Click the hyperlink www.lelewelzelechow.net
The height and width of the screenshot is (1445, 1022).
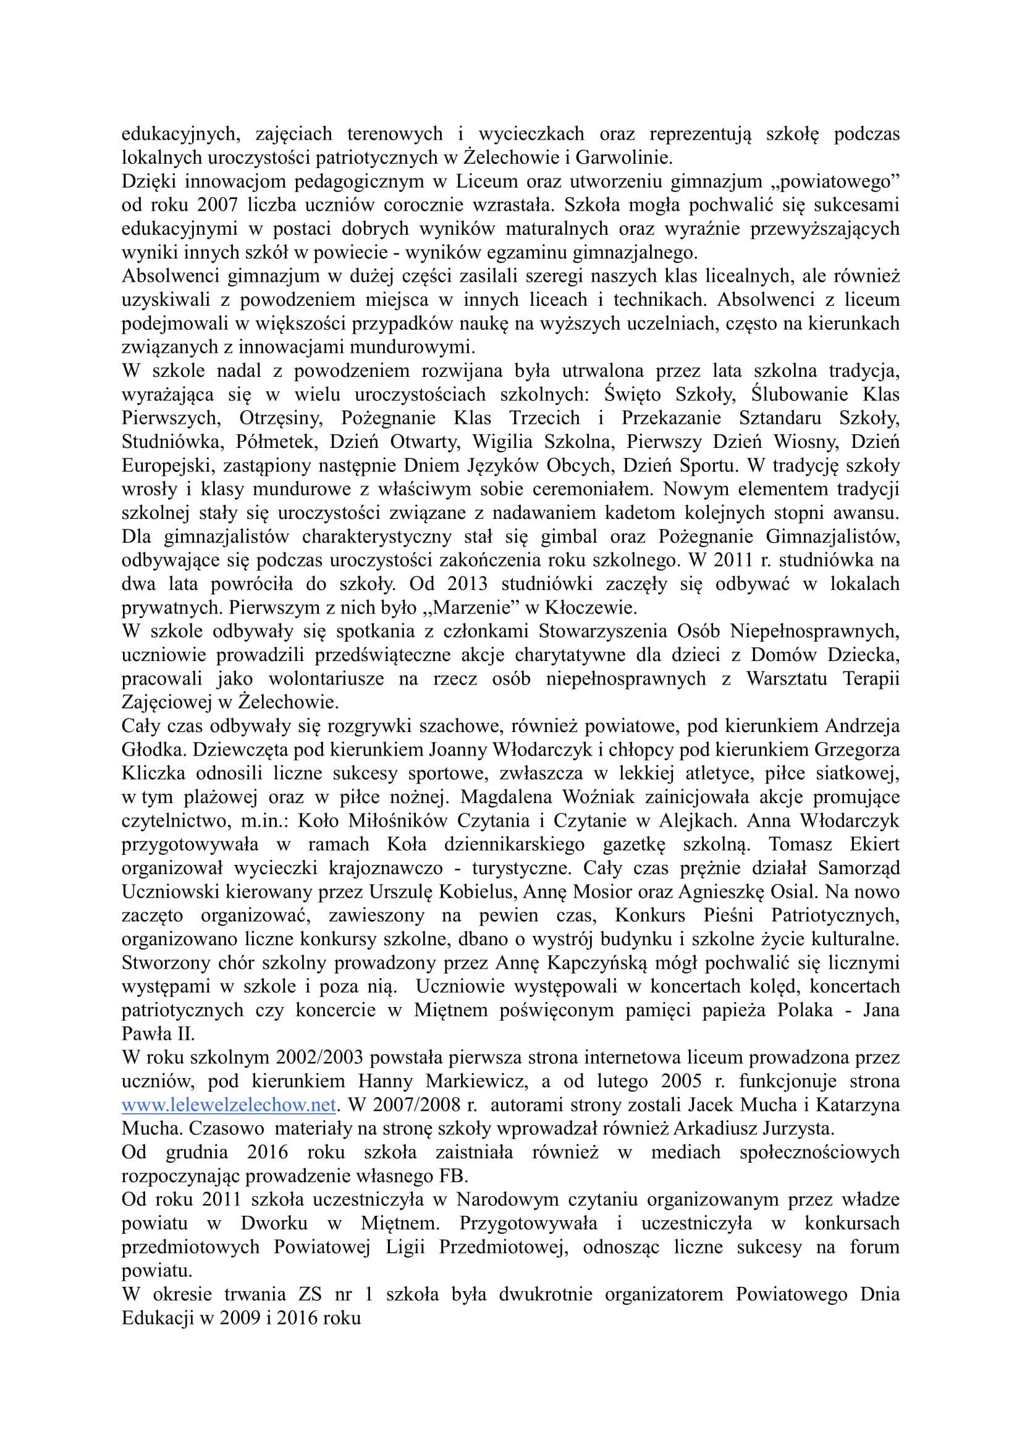229,1105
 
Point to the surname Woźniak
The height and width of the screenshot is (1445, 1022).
599,798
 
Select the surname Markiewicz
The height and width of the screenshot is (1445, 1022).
475,1081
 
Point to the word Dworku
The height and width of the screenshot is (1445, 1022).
274,1223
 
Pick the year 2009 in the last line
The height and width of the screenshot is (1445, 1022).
240,1318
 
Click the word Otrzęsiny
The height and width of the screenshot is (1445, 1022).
281,418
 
